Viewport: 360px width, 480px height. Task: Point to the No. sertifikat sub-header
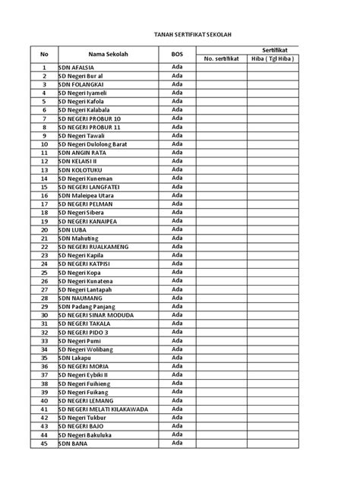pos(220,59)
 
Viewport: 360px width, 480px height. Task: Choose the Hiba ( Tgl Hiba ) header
pos(273,59)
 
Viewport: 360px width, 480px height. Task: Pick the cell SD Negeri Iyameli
pos(83,93)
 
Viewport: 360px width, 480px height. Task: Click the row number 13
pos(44,169)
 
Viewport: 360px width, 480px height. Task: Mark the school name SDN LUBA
pos(72,229)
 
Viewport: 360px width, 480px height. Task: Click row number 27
pos(44,289)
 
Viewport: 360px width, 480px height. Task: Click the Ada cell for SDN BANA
pos(177,442)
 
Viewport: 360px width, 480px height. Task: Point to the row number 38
pos(44,384)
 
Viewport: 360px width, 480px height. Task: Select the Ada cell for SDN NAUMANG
pos(177,297)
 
